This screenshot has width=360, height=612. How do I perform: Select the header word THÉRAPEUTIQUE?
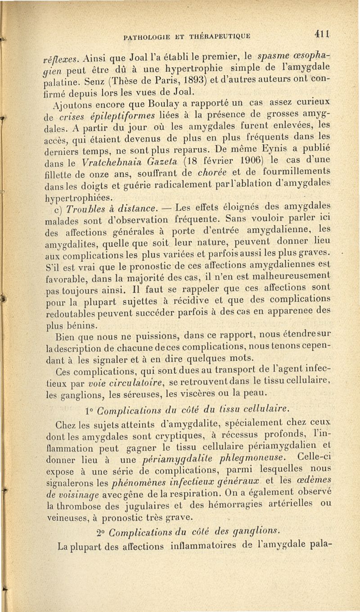tap(215, 36)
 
